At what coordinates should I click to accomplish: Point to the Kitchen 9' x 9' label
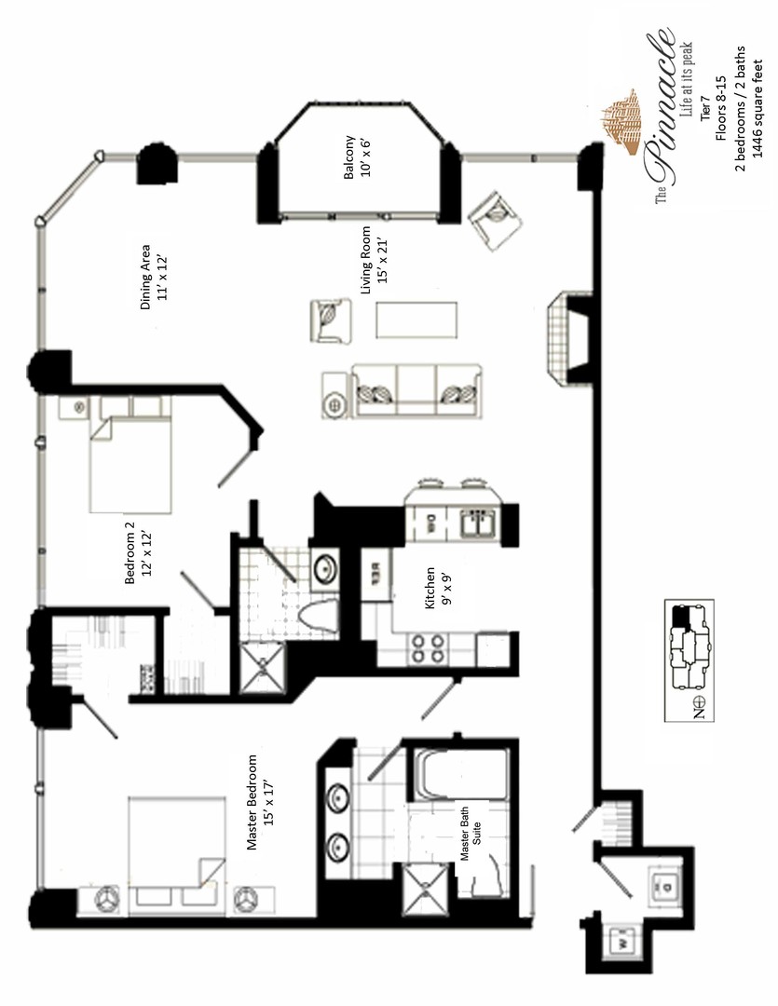437,587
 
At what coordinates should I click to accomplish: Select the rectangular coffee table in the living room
416,319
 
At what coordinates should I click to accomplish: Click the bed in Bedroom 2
131,463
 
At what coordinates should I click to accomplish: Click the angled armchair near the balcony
495,221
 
